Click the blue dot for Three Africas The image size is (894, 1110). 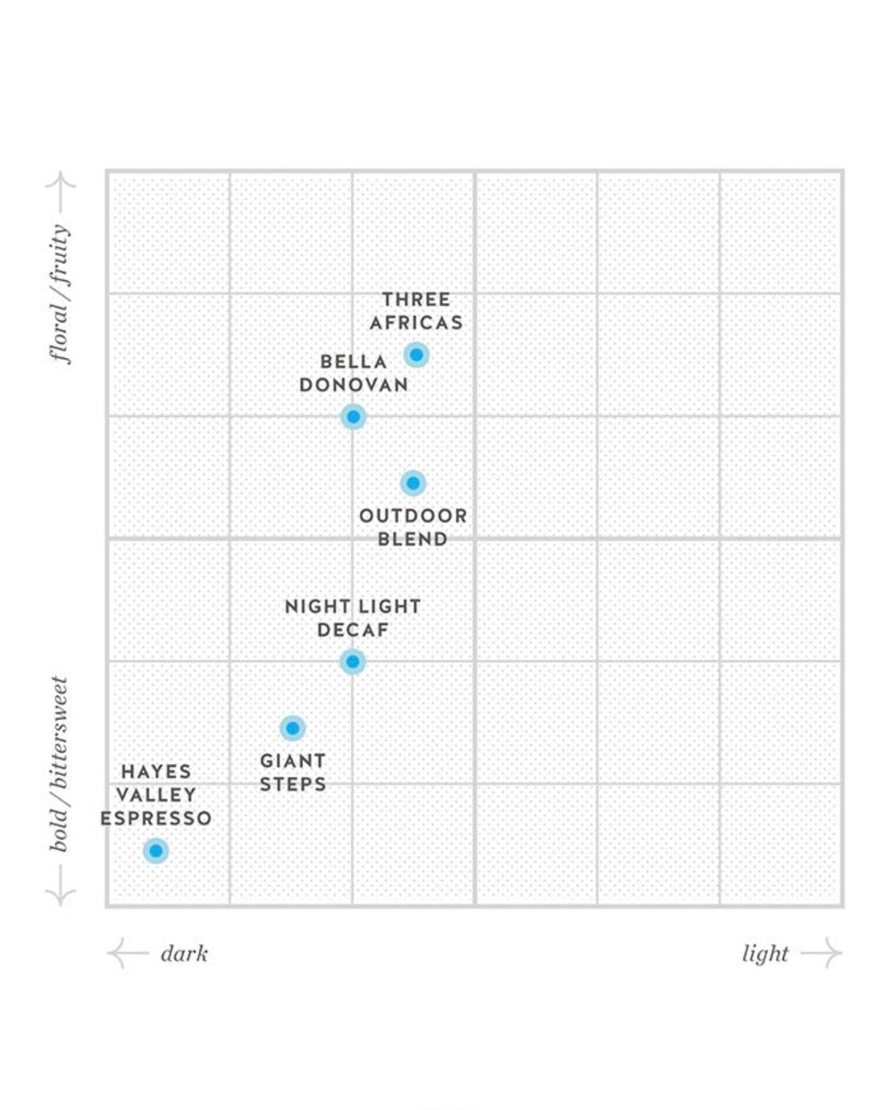pos(416,355)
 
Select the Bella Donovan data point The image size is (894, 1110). pos(354,417)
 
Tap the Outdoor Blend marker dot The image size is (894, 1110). pos(412,483)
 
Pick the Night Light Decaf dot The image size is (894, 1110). pos(353,662)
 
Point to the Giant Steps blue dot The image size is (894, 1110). pos(292,728)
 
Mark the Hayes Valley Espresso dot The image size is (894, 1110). pos(155,851)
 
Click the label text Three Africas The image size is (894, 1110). pos(416,311)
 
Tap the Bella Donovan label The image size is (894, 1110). pos(354,374)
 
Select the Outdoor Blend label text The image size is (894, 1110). pos(413,527)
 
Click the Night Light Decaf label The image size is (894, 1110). pos(354,618)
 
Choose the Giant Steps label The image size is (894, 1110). pos(292,773)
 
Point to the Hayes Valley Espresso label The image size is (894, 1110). pos(155,795)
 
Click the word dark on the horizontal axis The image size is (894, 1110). pos(184,955)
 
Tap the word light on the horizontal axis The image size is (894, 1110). pos(765,955)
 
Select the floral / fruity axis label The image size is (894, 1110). pos(60,294)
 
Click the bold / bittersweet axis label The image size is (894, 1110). pos(58,764)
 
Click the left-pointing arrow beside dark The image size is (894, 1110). pos(127,953)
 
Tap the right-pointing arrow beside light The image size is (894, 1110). pos(822,953)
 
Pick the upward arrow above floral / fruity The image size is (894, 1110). pos(61,192)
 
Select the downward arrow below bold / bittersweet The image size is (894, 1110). pos(61,886)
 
